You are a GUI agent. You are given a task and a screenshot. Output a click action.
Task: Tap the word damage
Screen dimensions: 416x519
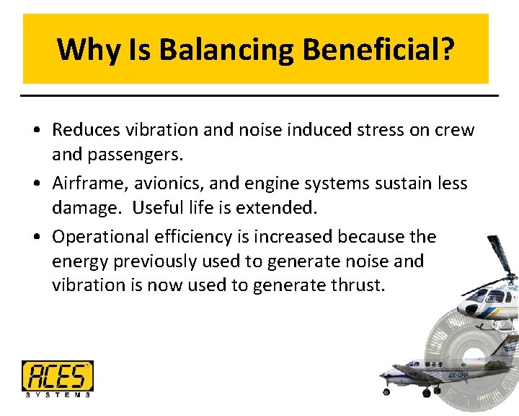point(81,208)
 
